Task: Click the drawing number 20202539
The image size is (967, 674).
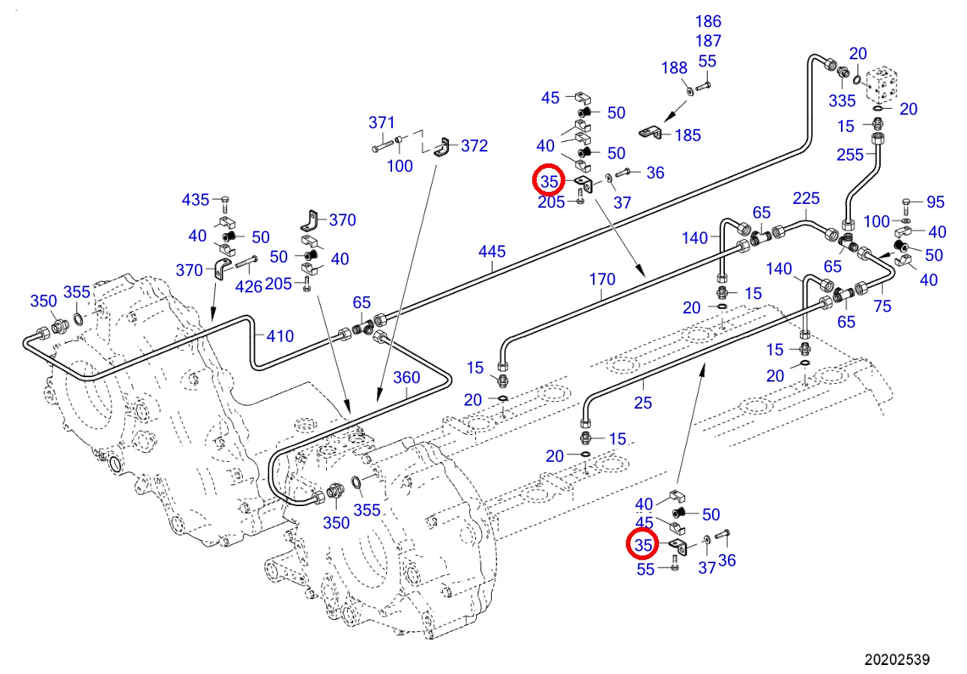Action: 897,659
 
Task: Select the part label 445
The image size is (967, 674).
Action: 492,251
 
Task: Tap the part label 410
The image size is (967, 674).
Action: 280,336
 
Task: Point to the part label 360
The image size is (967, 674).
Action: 406,377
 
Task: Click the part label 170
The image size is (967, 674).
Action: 602,280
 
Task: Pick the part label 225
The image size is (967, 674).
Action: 806,198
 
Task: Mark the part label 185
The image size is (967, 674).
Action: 687,135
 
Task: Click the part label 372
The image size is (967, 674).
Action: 474,145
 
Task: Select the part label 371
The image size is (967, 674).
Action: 382,123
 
